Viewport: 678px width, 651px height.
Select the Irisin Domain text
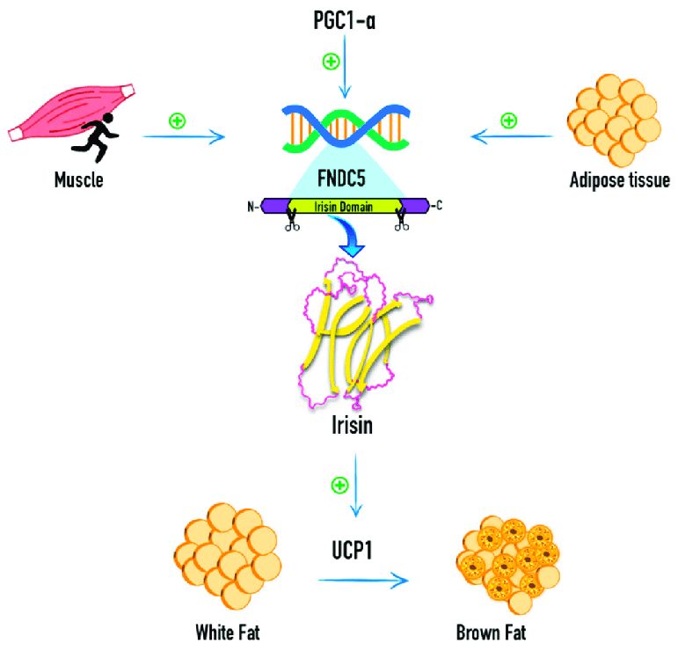point(344,207)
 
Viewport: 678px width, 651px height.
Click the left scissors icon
point(290,223)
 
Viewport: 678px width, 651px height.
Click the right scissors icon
point(402,223)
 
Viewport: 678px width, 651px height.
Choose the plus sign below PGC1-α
point(331,62)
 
